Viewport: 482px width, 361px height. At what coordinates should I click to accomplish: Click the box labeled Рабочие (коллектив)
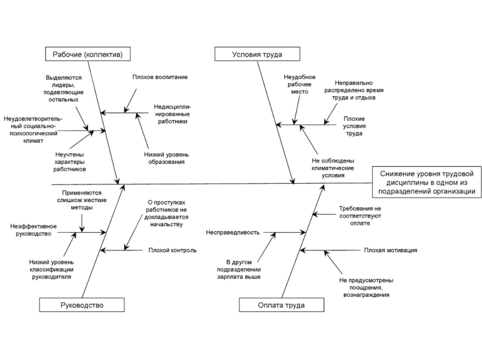[x=87, y=54]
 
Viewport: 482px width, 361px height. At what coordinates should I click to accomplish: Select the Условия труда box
[x=257, y=54]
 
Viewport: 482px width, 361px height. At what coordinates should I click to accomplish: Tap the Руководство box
[x=82, y=305]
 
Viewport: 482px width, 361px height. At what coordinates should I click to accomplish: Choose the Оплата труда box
[x=281, y=305]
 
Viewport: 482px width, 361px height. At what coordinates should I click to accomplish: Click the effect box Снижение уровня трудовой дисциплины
[x=425, y=182]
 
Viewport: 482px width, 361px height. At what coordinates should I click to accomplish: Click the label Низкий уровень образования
[x=164, y=157]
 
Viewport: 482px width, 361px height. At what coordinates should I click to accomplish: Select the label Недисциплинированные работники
[x=171, y=114]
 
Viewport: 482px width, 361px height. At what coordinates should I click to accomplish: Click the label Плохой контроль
[x=172, y=250]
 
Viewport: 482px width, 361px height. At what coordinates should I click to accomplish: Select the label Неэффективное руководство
[x=33, y=230]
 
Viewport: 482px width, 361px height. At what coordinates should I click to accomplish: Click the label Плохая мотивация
[x=390, y=250]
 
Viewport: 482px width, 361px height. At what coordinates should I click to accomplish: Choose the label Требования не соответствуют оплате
[x=360, y=215]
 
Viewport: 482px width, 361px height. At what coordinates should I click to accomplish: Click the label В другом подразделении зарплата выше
[x=239, y=269]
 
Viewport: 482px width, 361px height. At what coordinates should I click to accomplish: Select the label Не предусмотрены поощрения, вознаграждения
[x=366, y=287]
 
